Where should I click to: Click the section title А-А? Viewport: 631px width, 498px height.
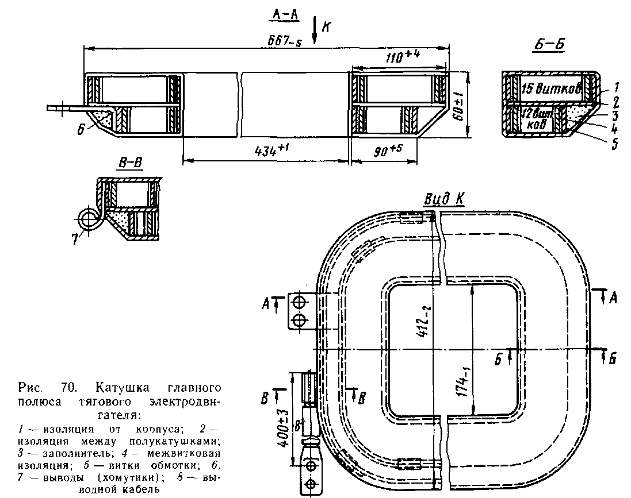284,17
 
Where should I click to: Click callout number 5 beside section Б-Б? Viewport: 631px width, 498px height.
614,145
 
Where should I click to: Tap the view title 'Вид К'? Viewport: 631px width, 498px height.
443,198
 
